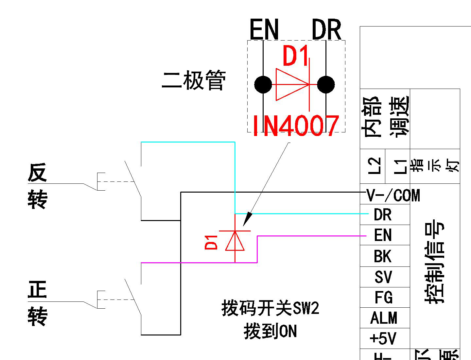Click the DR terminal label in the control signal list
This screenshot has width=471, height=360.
pyautogui.click(x=382, y=215)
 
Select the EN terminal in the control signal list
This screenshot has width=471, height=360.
pyautogui.click(x=382, y=235)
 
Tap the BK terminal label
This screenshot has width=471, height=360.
pyautogui.click(x=382, y=256)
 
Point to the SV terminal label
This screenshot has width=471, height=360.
pyautogui.click(x=383, y=277)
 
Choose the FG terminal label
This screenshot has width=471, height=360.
pyautogui.click(x=383, y=298)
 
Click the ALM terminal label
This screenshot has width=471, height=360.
pyautogui.click(x=384, y=318)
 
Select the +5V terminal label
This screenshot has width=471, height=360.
pyautogui.click(x=383, y=338)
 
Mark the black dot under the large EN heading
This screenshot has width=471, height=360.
pyautogui.click(x=263, y=85)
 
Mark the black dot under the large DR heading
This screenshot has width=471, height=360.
pyautogui.click(x=326, y=85)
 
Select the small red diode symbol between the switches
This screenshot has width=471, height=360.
pyautogui.click(x=235, y=241)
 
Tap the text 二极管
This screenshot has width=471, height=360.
pyautogui.click(x=194, y=80)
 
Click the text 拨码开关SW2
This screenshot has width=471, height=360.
pyautogui.click(x=270, y=308)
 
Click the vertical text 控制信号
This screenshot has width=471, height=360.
pyautogui.click(x=435, y=262)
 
